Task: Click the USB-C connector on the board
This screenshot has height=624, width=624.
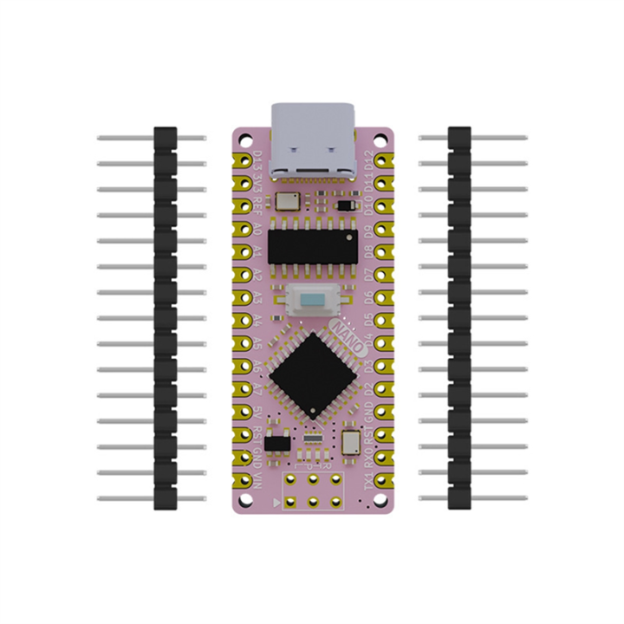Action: (314, 142)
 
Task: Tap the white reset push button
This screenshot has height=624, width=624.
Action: (314, 300)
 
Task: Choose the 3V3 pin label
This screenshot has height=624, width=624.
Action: (257, 185)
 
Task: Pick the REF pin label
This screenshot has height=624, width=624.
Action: (257, 205)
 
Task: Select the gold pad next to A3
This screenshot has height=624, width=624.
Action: (241, 297)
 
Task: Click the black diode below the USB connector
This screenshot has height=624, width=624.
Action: (346, 205)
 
